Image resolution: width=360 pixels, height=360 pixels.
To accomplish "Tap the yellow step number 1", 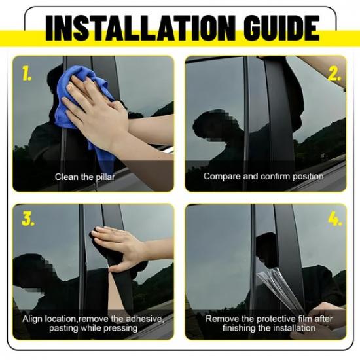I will click(x=27, y=74).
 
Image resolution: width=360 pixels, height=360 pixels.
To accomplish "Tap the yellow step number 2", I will click(x=334, y=74).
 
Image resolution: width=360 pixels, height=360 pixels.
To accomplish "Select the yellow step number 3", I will click(x=27, y=219).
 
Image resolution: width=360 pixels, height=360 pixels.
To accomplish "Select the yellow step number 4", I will click(x=334, y=219).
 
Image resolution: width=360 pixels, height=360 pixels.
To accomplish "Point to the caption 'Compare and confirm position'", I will click(x=263, y=176).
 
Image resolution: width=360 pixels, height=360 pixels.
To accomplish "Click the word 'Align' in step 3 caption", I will click(x=33, y=319).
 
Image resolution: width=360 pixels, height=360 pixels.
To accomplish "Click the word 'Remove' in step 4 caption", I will click(x=221, y=319).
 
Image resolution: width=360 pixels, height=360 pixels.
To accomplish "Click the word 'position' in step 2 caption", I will click(x=308, y=176).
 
